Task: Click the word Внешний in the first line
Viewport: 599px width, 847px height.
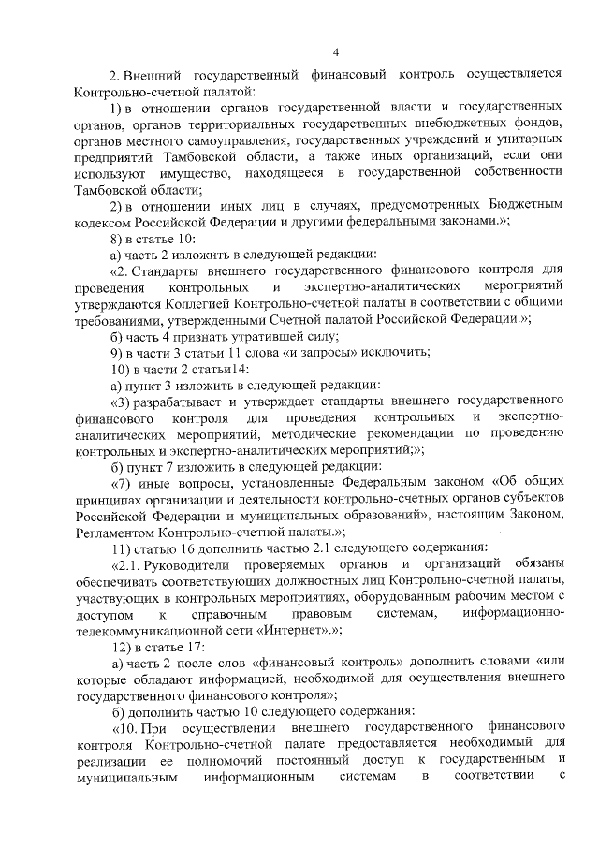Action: click(158, 73)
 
